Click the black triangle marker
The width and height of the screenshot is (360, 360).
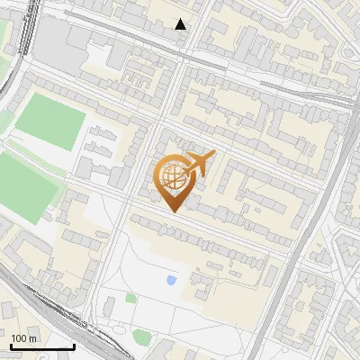(181, 24)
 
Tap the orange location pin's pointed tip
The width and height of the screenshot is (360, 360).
(172, 211)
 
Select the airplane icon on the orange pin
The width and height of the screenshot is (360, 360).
(199, 163)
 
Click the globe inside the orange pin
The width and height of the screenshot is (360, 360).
(172, 177)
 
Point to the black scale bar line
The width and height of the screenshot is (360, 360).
(42, 347)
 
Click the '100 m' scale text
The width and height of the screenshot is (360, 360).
(25, 338)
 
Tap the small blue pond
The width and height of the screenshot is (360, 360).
(171, 280)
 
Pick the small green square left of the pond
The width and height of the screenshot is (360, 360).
(131, 298)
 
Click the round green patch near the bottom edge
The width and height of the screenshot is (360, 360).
(141, 337)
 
